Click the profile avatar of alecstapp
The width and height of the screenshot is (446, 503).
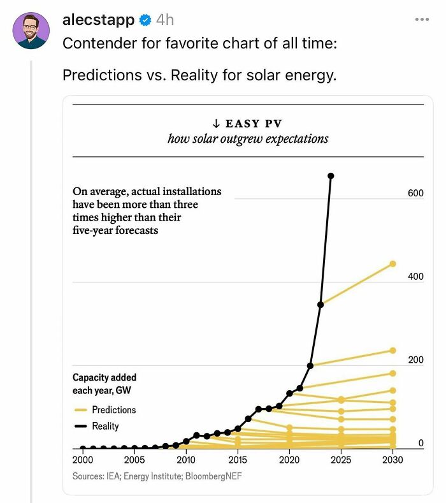click(31, 31)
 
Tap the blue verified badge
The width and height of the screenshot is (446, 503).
click(145, 20)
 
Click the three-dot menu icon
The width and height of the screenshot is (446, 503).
click(422, 20)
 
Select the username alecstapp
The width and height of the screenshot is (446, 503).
click(99, 20)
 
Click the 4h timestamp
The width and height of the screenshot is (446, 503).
click(165, 20)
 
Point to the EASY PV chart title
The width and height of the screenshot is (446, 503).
click(255, 124)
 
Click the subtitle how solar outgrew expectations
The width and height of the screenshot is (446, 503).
click(248, 138)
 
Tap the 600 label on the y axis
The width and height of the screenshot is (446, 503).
click(415, 193)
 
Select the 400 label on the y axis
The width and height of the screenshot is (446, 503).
click(415, 277)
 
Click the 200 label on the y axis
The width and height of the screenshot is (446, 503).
click(415, 360)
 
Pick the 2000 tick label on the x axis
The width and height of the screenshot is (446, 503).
click(82, 460)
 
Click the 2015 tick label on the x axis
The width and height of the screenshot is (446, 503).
click(238, 460)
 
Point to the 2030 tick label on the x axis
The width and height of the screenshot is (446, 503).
click(392, 460)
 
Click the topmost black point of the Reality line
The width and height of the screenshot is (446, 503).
click(331, 176)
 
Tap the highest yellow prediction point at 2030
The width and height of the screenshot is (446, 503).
click(392, 264)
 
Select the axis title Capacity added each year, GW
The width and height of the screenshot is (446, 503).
click(104, 384)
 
